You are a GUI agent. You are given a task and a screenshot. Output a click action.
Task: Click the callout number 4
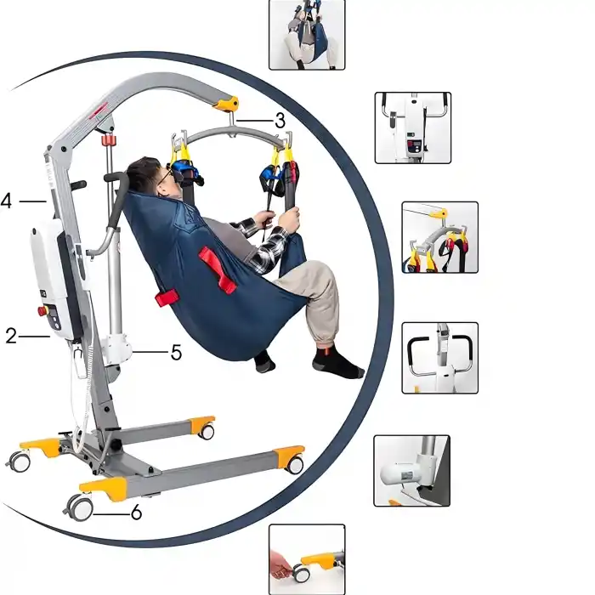click(x=7, y=201)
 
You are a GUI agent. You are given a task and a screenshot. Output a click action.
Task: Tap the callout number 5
click(x=176, y=351)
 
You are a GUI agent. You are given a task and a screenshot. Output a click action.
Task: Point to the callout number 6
click(x=135, y=513)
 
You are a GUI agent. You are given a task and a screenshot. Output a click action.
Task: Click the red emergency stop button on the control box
click(x=42, y=311)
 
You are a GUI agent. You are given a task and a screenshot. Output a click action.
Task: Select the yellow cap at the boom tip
click(x=226, y=104)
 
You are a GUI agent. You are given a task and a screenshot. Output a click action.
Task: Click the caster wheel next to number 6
click(x=80, y=507)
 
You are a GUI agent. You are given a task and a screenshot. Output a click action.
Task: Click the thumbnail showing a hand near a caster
click(x=307, y=558)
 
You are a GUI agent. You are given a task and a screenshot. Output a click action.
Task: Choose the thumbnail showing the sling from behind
click(x=306, y=34)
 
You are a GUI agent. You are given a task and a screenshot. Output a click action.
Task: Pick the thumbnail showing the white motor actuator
click(x=411, y=470)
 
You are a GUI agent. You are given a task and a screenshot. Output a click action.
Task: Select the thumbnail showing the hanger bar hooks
click(x=439, y=237)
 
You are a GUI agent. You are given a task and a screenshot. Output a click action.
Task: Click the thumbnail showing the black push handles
click(x=439, y=357)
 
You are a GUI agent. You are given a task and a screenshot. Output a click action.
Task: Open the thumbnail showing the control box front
click(x=412, y=127)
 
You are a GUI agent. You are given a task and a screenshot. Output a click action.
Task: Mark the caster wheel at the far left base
click(x=19, y=462)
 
